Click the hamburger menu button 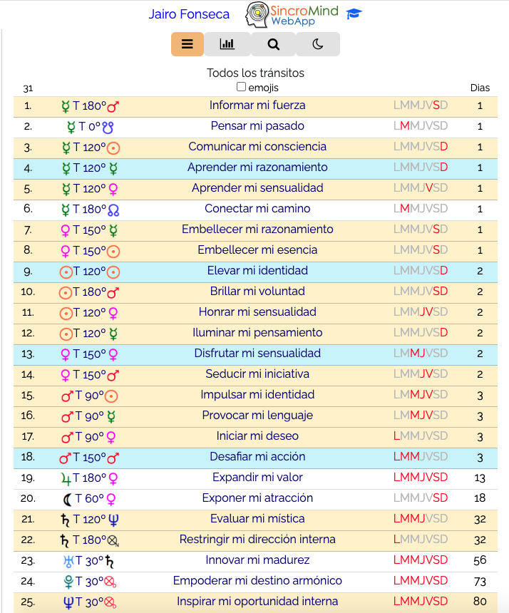coord(187,44)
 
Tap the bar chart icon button coord(227,44)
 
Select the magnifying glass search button coord(274,44)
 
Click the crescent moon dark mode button coord(318,44)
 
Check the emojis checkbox coord(242,87)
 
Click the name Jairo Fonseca coord(189,14)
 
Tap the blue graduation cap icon coord(354,14)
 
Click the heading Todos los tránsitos coord(255,73)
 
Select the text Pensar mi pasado coord(257,126)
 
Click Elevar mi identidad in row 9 coord(257,271)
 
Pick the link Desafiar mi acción coord(257,457)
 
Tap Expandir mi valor coord(257,478)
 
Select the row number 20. coord(28,498)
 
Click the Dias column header coord(480,88)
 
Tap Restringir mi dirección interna coord(257,540)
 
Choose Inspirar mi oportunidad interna coord(257,602)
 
